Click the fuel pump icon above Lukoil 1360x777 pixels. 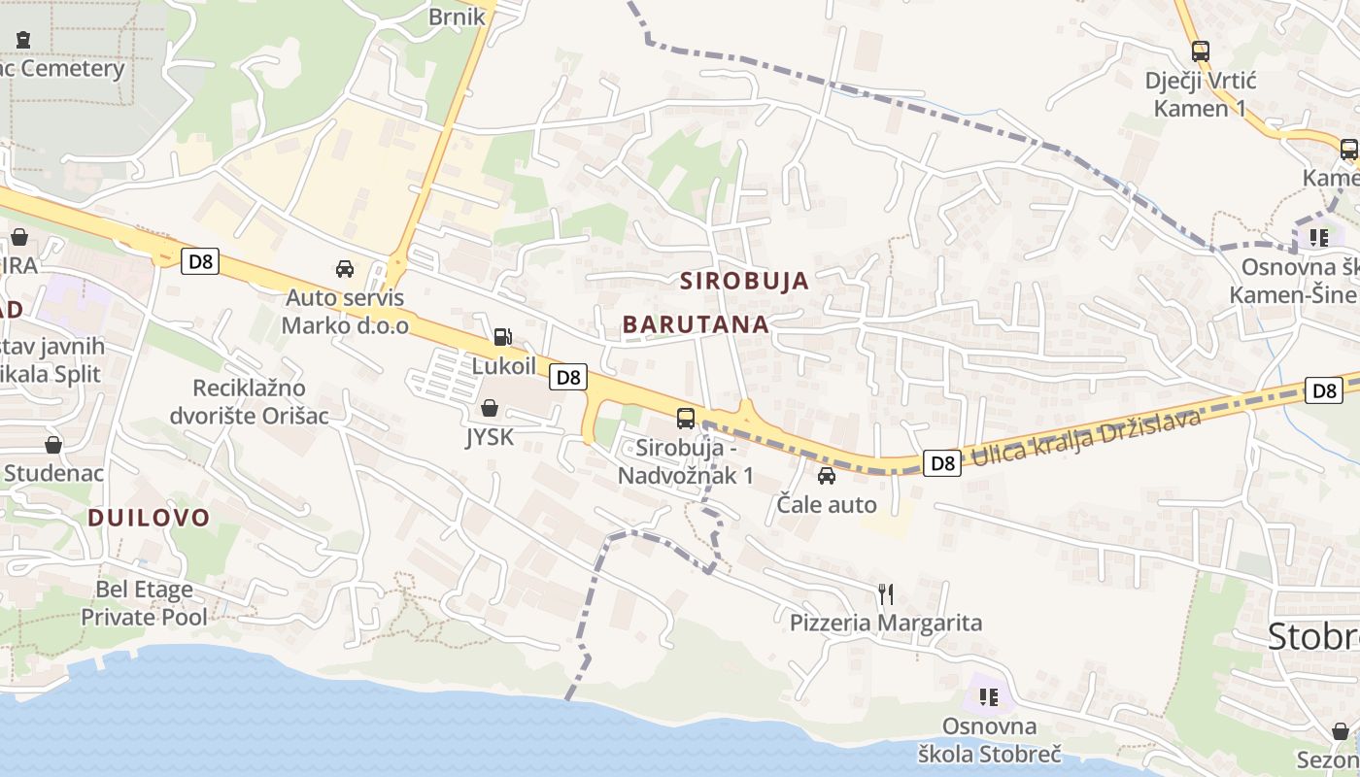point(502,337)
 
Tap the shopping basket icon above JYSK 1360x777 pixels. point(490,408)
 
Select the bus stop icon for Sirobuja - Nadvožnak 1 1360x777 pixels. point(686,419)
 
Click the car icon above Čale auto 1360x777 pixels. point(827,476)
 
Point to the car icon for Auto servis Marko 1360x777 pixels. point(345,268)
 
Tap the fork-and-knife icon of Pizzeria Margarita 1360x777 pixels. point(885,593)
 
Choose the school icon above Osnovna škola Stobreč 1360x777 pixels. point(989,696)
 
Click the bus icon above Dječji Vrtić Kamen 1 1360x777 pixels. point(1201,51)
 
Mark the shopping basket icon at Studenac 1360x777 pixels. point(53,445)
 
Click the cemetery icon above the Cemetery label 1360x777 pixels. point(23,40)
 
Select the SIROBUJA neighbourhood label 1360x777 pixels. point(744,281)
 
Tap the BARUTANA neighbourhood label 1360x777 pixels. point(696,324)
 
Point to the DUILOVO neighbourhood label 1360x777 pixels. point(149,518)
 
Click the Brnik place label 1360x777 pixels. point(457,16)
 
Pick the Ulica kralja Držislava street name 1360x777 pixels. point(1086,434)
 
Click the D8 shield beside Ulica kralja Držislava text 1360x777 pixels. point(942,463)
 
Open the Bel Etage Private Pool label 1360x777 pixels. point(144,603)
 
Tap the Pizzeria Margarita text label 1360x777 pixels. point(886,623)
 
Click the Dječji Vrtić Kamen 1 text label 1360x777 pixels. point(1200,93)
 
